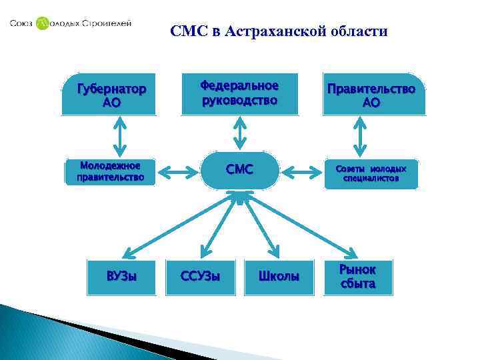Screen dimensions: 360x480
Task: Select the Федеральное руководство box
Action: point(239,93)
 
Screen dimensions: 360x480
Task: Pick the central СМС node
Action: point(239,170)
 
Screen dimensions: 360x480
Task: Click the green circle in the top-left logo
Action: point(43,24)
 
